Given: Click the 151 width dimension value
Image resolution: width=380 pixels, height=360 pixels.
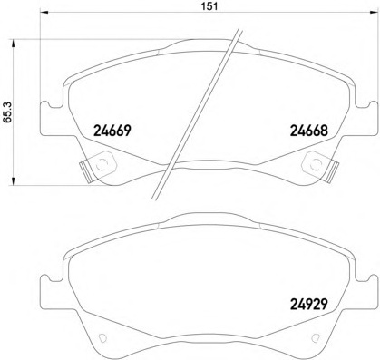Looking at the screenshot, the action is click(x=209, y=6).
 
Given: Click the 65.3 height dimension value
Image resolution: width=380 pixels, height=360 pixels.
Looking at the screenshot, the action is click(x=7, y=112).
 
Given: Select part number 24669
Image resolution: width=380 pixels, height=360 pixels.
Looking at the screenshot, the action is click(x=112, y=131).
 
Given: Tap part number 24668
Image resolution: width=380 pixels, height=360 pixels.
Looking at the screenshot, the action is click(x=309, y=131).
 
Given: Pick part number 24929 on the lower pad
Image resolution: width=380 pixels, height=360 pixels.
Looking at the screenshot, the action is click(x=309, y=304).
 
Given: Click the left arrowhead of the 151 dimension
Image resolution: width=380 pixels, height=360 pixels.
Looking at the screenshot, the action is click(x=44, y=12).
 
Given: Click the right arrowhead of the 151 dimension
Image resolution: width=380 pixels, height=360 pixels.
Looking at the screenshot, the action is click(x=374, y=12).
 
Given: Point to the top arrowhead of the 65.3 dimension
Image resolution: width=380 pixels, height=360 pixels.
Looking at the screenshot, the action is click(x=13, y=43).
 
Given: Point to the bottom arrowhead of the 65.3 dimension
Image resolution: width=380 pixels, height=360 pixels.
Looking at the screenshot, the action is click(x=13, y=180).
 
